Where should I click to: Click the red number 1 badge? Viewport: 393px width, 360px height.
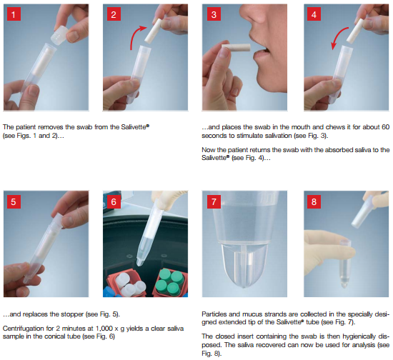14,14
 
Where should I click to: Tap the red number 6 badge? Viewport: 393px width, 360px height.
114,201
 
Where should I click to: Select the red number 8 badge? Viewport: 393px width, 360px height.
314,201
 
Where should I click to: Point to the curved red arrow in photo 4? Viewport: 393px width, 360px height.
339,38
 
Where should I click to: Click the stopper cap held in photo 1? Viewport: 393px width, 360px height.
59,36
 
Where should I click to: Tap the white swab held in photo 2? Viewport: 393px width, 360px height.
153,31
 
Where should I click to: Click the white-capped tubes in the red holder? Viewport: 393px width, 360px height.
129,284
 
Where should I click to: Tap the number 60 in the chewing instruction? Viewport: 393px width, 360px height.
385,126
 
